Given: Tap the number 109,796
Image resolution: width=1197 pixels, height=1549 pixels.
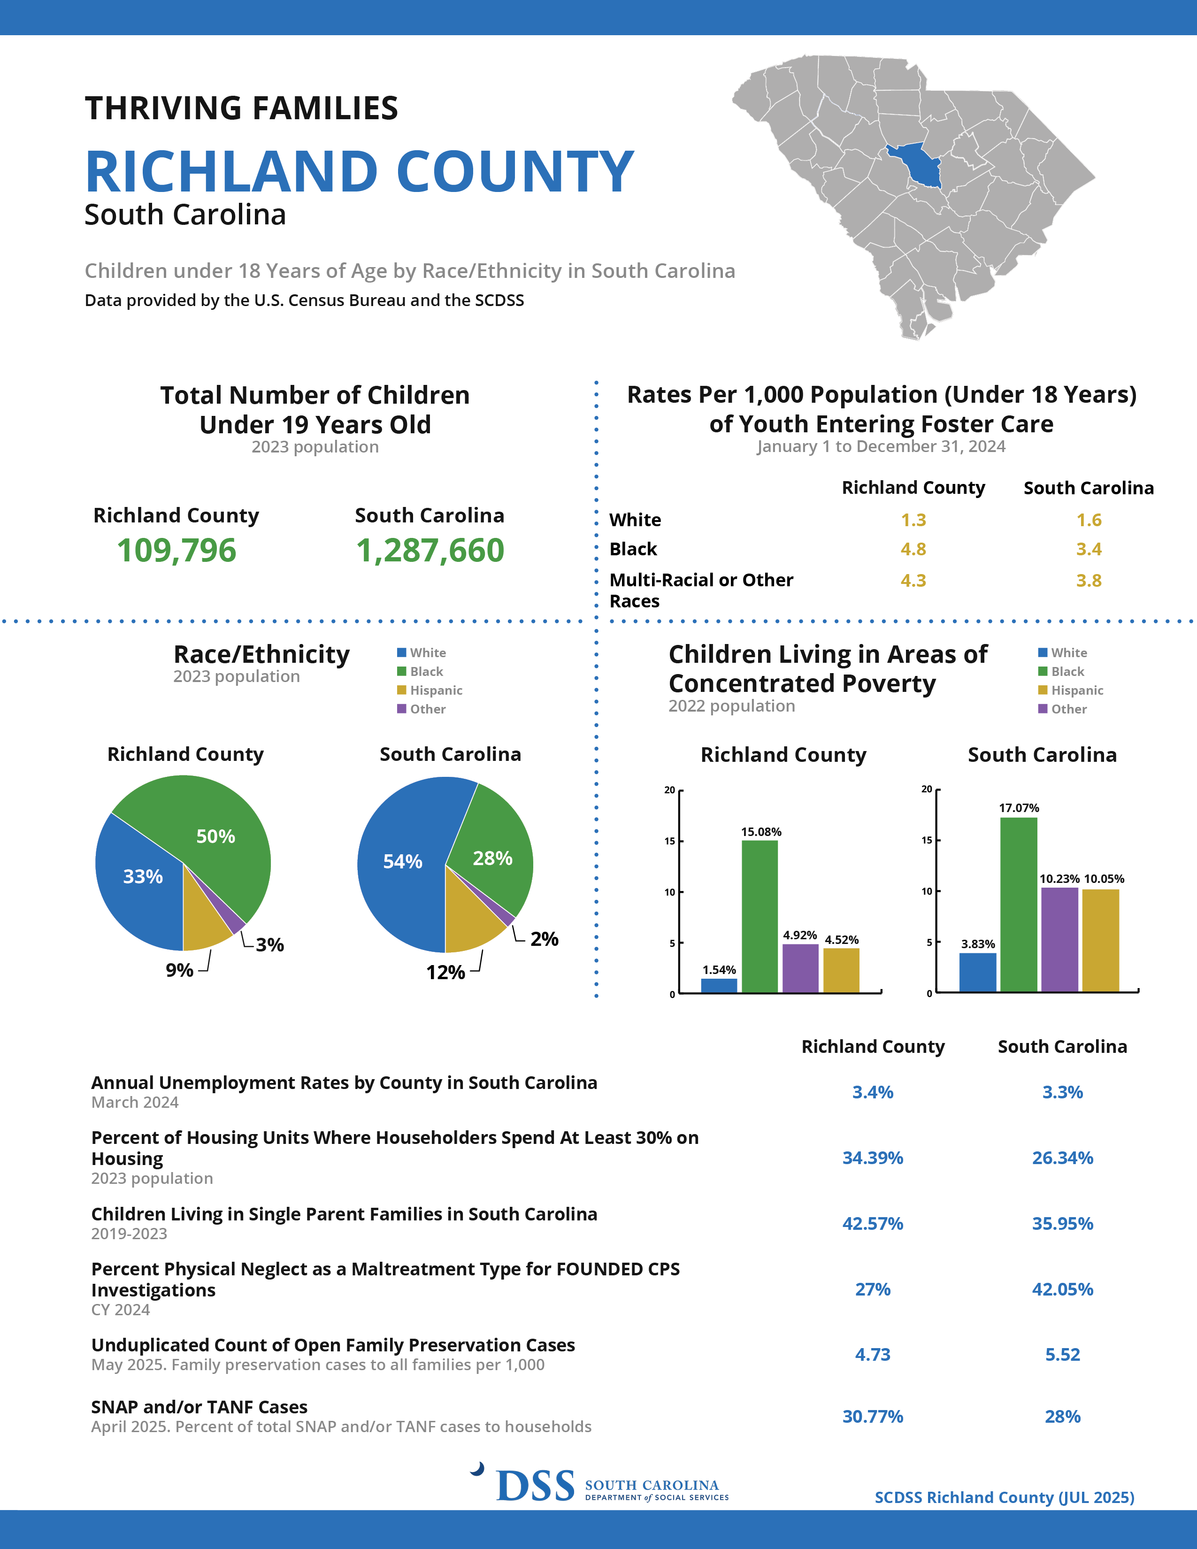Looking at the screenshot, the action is pos(176,551).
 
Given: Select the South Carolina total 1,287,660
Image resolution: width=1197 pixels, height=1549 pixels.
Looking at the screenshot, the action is pos(430,551).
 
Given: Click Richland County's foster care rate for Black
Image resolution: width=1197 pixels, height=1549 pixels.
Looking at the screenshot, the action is pos(913,549).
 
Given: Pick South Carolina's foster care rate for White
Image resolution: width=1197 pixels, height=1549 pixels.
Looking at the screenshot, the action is pos(1089,520).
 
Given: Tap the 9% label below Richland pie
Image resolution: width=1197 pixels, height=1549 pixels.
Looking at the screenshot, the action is pos(179,970).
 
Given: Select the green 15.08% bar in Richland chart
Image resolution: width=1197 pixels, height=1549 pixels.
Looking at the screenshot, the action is pos(760,916).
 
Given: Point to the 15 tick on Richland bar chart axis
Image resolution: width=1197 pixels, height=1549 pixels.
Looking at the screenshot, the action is pos(669,841).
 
